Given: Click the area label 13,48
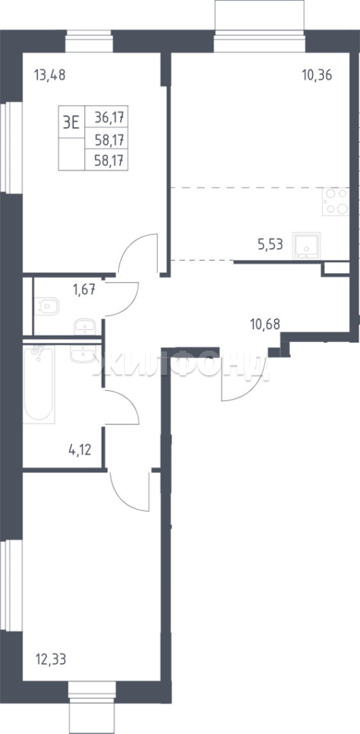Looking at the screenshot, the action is coord(50,75).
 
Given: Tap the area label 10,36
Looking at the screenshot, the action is coord(317,75).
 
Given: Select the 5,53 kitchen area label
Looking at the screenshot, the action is coord(270,244).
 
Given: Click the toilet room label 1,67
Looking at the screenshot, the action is coord(84,290).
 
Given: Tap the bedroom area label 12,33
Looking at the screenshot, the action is coord(50,660).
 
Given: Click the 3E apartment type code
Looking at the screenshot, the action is coord(71,122).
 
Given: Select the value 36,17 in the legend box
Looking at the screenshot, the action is coord(111,117).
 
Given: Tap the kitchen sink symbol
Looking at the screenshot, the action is coord(306,246).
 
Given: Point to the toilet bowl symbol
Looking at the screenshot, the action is coord(47,307).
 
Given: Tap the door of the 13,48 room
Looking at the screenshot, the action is coord(138,253).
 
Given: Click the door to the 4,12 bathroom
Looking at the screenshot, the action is coord(122,407).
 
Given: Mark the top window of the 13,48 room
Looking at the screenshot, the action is coord(89,42).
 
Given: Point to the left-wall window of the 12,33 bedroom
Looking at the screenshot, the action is coord(12,585).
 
